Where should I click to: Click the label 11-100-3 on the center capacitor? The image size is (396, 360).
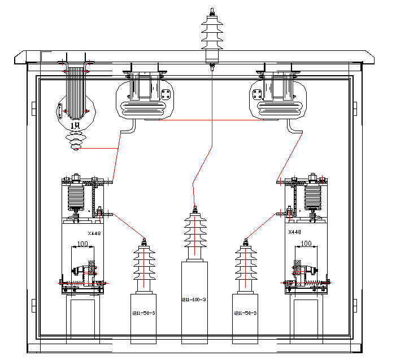click(193, 300)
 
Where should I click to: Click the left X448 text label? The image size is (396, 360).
click(94, 233)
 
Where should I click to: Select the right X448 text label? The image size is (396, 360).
click(295, 232)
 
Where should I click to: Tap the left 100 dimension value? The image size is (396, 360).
click(83, 244)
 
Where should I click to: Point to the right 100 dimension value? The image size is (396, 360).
click(306, 244)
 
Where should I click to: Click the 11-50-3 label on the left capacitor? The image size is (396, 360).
click(143, 313)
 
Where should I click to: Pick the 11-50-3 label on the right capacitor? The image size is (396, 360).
click(245, 313)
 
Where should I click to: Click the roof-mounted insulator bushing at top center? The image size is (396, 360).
click(212, 34)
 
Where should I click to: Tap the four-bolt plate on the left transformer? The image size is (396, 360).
click(166, 94)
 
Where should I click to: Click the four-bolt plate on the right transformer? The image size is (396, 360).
click(258, 94)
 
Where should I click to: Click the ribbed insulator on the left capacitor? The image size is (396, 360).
click(145, 266)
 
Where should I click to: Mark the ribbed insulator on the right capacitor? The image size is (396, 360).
click(246, 266)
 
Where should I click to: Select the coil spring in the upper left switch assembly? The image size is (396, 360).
click(76, 197)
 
